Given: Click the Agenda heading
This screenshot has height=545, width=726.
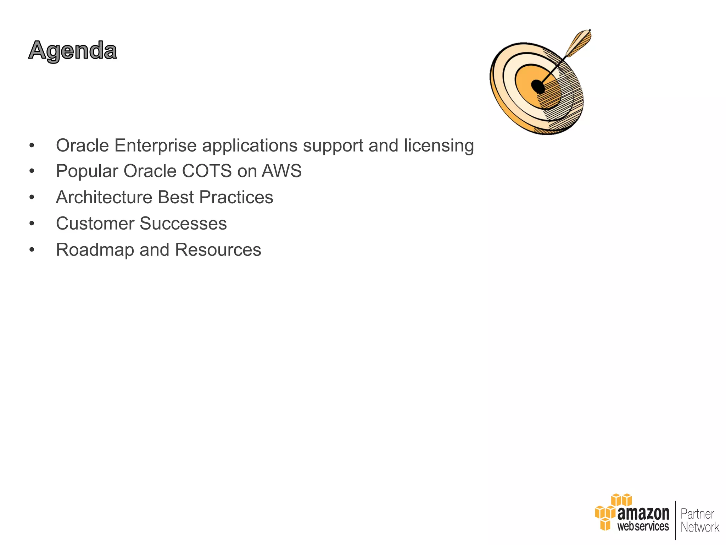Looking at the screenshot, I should tap(73, 51).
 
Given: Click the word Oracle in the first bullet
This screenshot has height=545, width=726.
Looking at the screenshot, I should tap(82, 145).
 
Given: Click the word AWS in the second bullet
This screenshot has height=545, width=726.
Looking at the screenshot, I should tap(281, 171).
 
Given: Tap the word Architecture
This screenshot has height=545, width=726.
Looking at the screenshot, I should tap(104, 197).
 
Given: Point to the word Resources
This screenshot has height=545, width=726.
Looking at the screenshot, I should tap(218, 250).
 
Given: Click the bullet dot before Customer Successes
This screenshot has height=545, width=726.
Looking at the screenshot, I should tap(32, 224).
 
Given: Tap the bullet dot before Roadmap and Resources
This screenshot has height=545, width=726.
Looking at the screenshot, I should tap(32, 250).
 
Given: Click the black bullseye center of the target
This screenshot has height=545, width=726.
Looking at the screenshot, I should tap(537, 86).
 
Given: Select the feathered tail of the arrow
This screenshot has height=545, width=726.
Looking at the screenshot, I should tap(579, 43).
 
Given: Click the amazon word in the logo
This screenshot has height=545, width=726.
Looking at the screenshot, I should tap(643, 513).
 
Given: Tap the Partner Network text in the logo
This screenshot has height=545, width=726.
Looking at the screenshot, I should tap(699, 520).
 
